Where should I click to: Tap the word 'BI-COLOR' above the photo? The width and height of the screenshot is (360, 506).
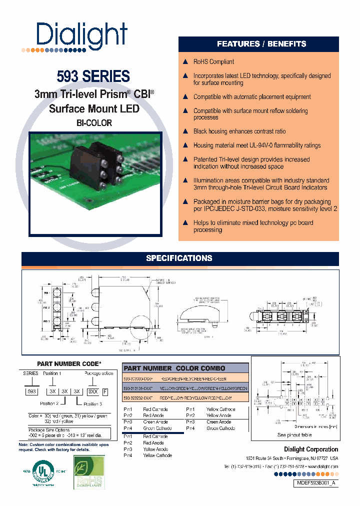tap(94, 123)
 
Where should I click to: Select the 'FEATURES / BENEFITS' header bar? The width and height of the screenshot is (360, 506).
tap(261, 44)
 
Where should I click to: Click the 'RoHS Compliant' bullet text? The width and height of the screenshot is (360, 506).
tap(213, 62)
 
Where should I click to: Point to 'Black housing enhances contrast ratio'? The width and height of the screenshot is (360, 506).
tap(239, 131)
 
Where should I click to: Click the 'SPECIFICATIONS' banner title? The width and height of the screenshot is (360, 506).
tap(179, 258)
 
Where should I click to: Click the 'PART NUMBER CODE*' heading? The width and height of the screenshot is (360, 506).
tap(69, 364)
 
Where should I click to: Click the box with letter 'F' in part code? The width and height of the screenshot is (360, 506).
tap(104, 391)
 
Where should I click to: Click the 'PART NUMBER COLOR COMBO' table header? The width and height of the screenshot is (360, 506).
tap(184, 368)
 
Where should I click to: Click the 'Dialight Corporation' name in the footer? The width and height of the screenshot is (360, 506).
tap(311, 449)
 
